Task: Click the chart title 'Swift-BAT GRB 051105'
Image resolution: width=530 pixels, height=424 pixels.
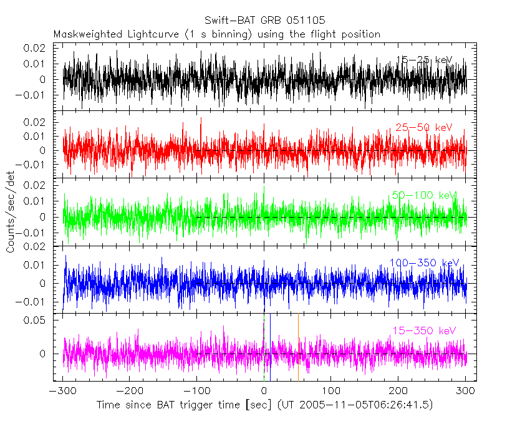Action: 264,21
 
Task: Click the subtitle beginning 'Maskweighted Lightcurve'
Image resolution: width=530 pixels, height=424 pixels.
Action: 216,34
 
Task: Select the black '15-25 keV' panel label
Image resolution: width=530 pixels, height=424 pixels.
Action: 424,60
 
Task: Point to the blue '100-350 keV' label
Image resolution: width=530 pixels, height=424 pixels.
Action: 424,263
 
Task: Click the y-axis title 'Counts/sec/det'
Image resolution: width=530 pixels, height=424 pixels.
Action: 11,219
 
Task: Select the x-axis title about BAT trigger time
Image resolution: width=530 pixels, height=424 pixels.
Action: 264,405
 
